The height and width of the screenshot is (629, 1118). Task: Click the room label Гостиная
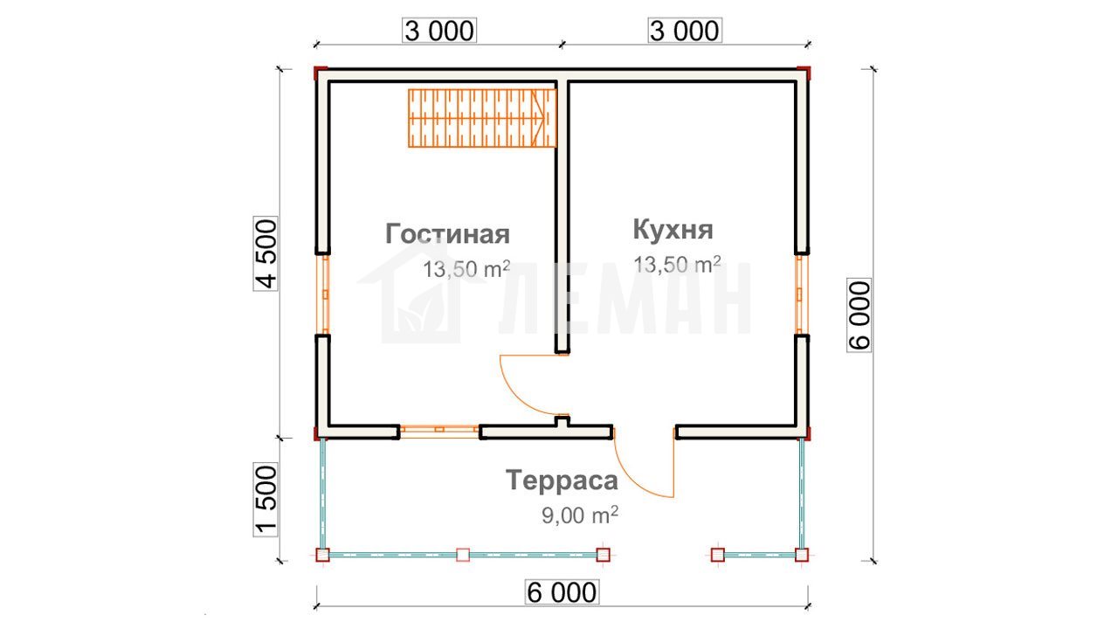tap(447, 234)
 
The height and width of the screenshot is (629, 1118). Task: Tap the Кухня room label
tap(673, 229)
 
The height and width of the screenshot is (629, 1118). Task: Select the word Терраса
tap(562, 480)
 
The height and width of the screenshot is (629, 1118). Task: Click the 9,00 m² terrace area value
tap(580, 515)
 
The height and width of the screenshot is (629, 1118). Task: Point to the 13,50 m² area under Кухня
tap(677, 265)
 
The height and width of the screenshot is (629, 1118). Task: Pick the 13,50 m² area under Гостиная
tap(466, 269)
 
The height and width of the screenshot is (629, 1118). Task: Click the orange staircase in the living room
tap(482, 118)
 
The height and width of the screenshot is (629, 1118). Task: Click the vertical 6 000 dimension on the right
tap(859, 315)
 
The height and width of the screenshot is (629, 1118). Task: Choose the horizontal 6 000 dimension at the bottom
tap(562, 592)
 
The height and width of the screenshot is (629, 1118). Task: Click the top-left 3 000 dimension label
tap(439, 31)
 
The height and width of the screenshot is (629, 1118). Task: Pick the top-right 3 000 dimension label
tap(685, 31)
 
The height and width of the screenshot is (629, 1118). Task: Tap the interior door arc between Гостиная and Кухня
tap(514, 394)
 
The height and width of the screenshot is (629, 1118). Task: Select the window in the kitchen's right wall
tap(802, 294)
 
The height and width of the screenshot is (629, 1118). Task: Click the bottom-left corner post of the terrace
tap(323, 555)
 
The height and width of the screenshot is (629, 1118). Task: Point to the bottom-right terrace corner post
tap(802, 555)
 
